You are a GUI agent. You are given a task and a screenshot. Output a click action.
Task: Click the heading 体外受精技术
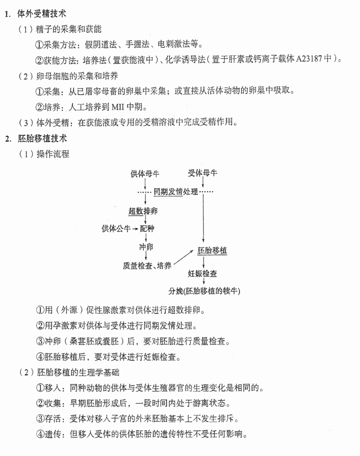pos(42,14)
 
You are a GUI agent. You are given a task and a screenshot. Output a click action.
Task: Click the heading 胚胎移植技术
pos(42,138)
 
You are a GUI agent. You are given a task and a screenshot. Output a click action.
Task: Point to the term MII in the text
pos(118,107)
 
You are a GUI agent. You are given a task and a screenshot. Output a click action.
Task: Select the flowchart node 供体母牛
pos(145,174)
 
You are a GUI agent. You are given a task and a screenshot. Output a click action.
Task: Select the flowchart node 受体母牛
pos(202,173)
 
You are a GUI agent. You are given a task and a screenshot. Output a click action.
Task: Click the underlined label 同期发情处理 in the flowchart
pos(176,192)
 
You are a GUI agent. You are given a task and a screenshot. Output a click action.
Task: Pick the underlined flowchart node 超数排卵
pos(143,211)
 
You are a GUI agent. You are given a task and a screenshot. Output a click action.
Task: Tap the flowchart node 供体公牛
pos(116,228)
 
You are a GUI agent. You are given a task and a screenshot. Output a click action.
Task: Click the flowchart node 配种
pos(147,228)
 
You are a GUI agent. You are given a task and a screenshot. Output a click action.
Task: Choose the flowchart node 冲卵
pos(146,247)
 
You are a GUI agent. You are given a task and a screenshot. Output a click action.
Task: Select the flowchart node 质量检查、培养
pos(147,266)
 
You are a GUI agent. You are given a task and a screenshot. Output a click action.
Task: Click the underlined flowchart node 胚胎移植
pos(212,250)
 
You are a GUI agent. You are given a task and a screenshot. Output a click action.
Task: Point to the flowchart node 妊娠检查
pos(202,274)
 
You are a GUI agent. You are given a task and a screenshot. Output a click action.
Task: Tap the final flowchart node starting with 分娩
pos(204,291)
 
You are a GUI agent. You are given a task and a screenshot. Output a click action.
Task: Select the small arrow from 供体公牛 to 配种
pos(135,229)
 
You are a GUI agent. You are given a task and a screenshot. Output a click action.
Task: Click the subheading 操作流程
pos(53,154)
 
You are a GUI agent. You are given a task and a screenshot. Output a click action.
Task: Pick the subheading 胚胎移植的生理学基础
pos(78,372)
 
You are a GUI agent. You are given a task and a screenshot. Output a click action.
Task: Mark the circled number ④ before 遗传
pos(40,434)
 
